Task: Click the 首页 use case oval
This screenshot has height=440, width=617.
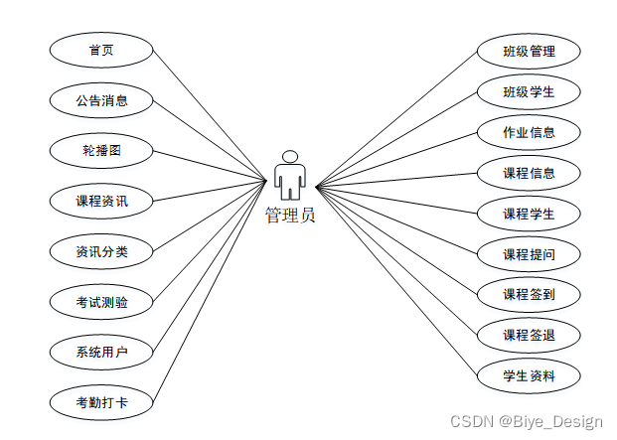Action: [x=101, y=50]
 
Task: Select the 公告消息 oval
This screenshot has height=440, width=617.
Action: [x=101, y=100]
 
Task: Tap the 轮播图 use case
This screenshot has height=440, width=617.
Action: [x=101, y=151]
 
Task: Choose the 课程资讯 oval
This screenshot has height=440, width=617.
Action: [x=101, y=202]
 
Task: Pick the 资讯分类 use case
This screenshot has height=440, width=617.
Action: [x=101, y=252]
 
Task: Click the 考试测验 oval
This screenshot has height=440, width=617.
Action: [x=101, y=302]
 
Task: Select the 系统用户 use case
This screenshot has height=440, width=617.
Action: [x=101, y=353]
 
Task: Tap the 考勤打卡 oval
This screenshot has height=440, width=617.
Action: [x=101, y=403]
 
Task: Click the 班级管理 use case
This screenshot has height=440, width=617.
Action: [x=529, y=51]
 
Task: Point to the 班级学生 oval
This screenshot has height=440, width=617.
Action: [x=529, y=91]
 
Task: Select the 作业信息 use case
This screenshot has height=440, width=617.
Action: [x=529, y=132]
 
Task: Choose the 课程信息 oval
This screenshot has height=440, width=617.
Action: [x=529, y=173]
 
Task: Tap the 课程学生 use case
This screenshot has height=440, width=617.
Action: [x=529, y=214]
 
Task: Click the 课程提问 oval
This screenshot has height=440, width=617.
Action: [x=529, y=254]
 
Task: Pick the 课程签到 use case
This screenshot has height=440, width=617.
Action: [x=529, y=294]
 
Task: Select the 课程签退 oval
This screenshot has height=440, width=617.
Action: [x=529, y=335]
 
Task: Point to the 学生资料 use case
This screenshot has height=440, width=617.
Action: [x=529, y=375]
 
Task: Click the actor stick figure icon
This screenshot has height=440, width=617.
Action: [x=289, y=175]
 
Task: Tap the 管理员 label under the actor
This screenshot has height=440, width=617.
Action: [x=289, y=215]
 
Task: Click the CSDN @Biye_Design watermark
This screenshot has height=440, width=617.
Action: [x=527, y=422]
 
